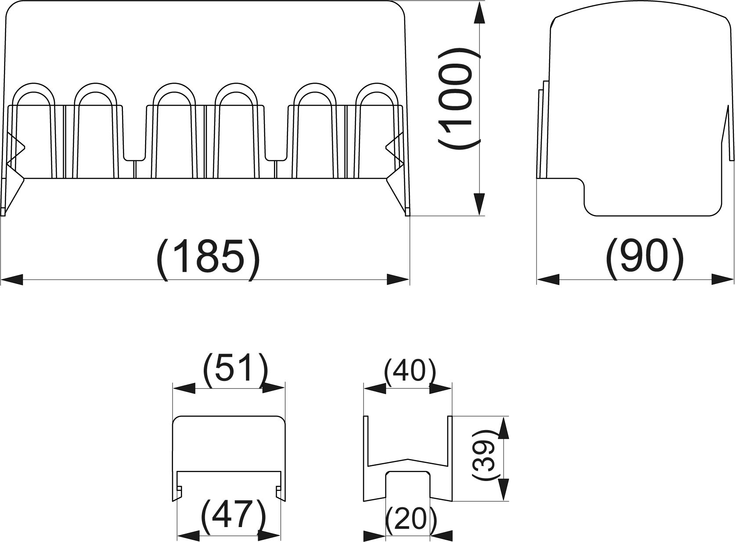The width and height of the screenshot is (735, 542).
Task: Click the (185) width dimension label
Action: click(x=208, y=260)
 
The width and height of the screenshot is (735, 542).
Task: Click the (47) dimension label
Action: click(x=234, y=515)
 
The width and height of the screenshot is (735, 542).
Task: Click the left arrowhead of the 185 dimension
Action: click(x=12, y=280)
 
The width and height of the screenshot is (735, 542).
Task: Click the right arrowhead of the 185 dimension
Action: click(x=398, y=280)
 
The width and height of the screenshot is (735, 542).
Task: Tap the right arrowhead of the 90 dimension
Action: click(x=723, y=280)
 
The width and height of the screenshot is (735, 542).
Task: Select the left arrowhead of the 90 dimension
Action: click(x=548, y=280)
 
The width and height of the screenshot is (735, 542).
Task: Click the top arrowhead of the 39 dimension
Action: click(x=503, y=427)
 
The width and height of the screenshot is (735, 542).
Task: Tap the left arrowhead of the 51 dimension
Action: click(x=184, y=388)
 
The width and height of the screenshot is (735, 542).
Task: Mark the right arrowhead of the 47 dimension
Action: click(x=269, y=536)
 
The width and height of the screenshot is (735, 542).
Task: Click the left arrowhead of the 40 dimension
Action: click(x=375, y=388)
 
